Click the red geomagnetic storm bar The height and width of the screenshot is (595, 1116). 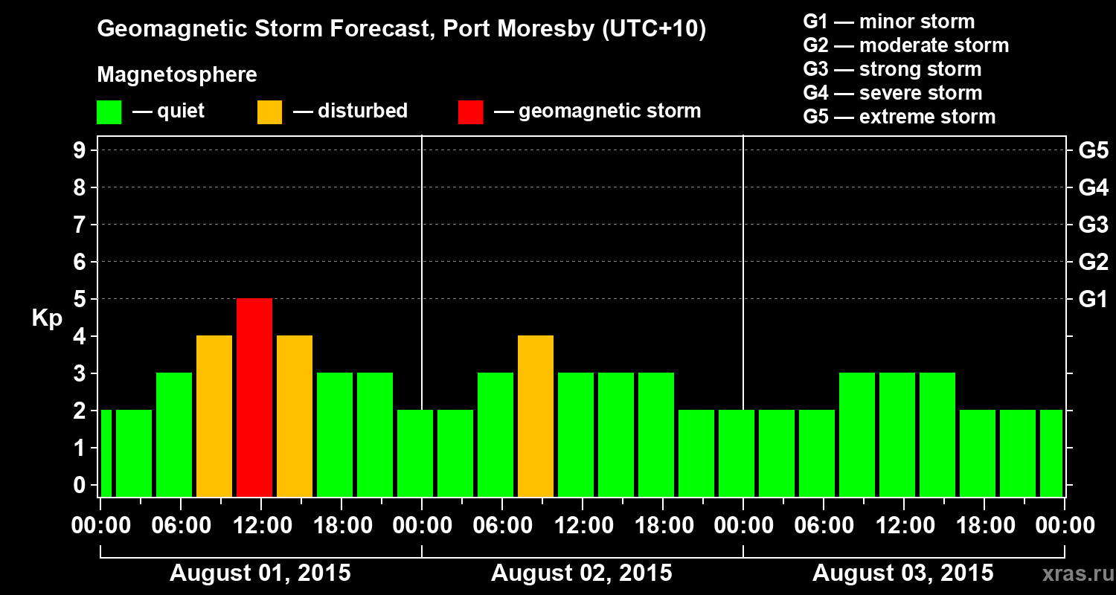[x=254, y=397]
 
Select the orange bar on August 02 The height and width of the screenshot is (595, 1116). [x=536, y=416]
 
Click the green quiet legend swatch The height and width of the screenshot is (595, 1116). [x=109, y=112]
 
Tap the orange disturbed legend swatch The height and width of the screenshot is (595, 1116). [x=270, y=112]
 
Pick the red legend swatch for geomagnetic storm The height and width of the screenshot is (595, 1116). [x=470, y=112]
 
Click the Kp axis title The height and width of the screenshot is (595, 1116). [x=47, y=318]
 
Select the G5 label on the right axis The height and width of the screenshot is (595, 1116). [x=1093, y=151]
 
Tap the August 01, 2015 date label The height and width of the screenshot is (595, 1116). [x=260, y=573]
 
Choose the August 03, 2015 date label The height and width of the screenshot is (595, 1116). [x=902, y=573]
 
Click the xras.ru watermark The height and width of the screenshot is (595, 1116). [x=1073, y=574]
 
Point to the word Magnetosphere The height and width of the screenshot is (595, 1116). [x=177, y=75]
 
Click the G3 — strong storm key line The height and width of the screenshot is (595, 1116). [x=892, y=69]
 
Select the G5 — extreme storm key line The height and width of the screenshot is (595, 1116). [x=899, y=117]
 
